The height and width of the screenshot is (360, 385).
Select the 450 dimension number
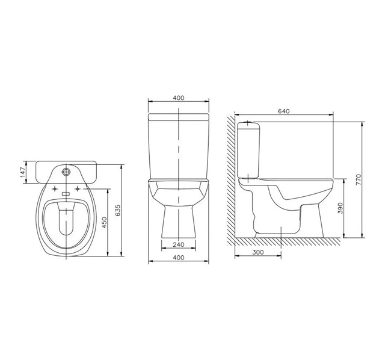coord(104,223)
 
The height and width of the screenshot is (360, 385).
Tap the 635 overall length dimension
coord(118,211)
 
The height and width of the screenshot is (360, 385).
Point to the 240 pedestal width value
coord(179,244)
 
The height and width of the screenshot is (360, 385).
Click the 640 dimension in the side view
coord(284,110)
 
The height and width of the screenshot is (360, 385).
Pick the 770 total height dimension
coord(357,179)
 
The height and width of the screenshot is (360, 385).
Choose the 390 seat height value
coord(340,208)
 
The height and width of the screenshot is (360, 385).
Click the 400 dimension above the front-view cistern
coord(179,98)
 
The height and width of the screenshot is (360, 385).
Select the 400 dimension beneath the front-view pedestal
coord(179,258)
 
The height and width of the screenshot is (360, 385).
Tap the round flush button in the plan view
coord(67,172)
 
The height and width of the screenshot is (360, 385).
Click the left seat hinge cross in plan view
coord(56,191)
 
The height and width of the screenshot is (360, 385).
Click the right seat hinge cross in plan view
coord(78,191)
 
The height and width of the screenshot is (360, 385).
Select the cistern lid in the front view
coord(179,114)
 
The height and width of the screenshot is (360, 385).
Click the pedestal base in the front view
coord(179,223)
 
